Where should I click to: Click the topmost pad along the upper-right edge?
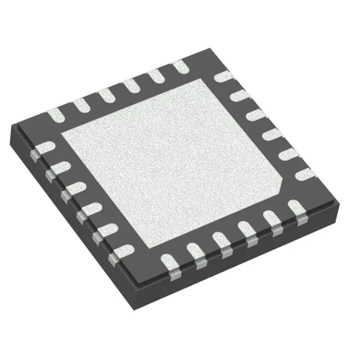(224, 76)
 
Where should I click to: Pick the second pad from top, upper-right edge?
(240, 96)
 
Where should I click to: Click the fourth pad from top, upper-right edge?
(272, 134)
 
